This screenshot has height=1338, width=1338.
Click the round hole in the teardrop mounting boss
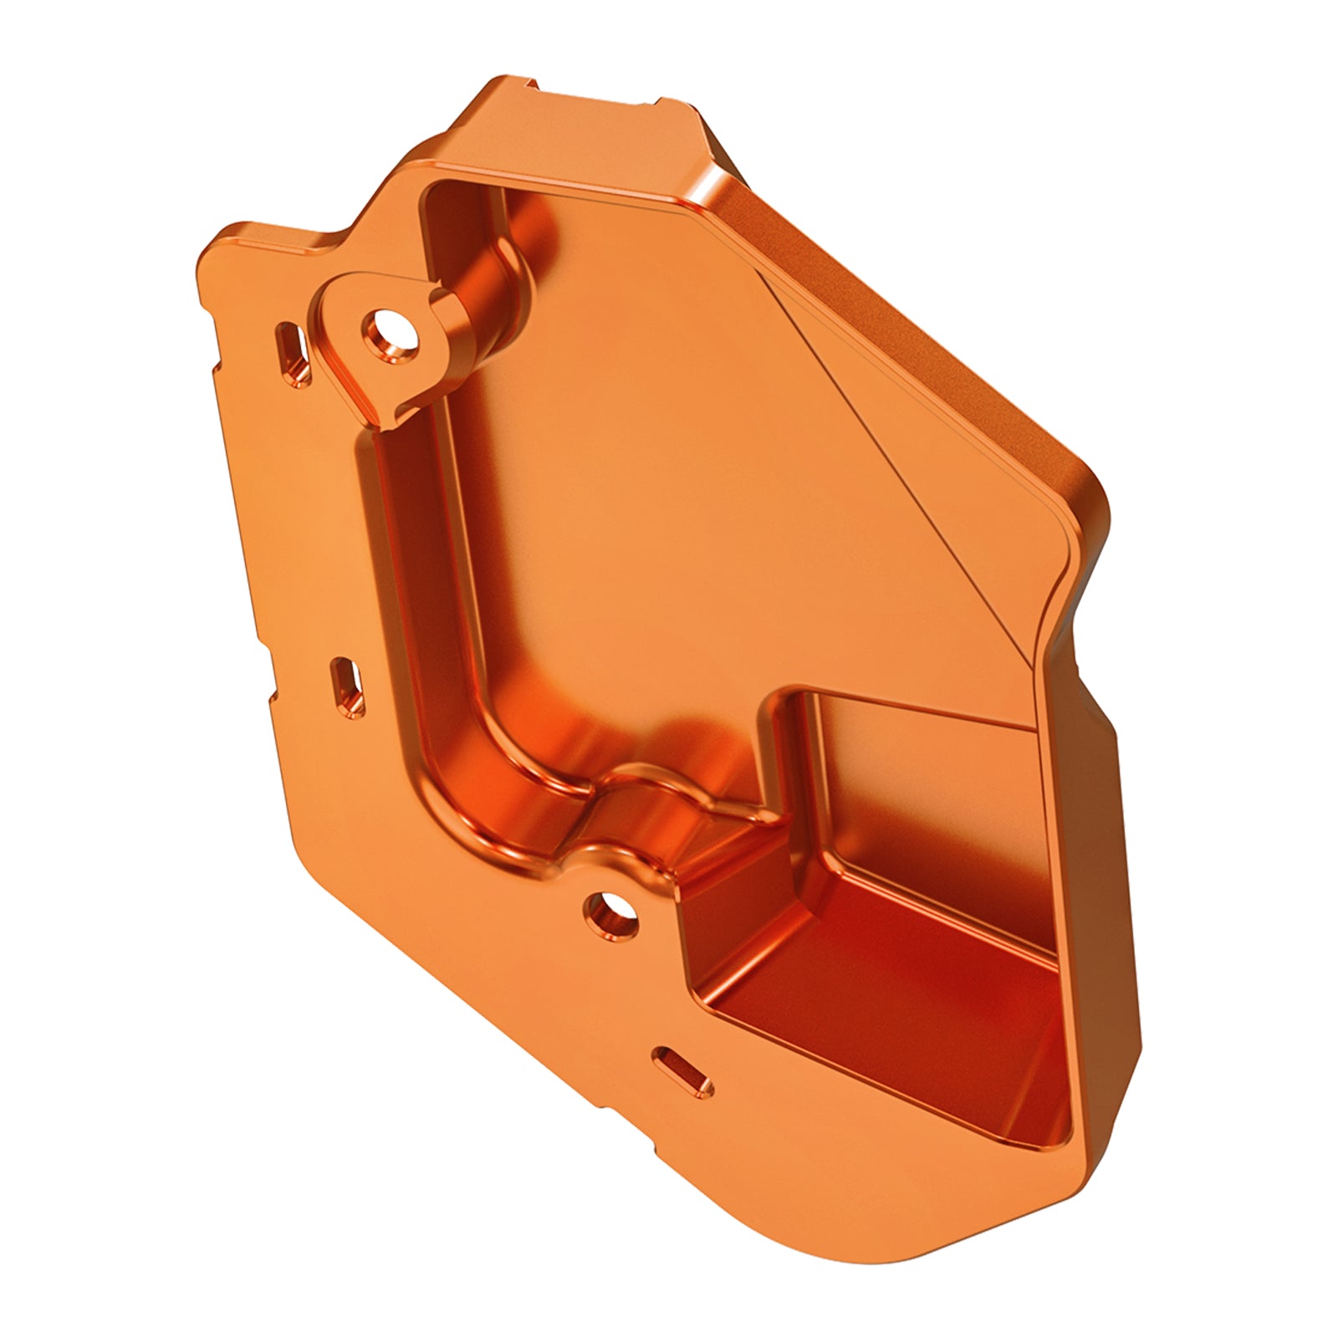coord(390,332)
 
